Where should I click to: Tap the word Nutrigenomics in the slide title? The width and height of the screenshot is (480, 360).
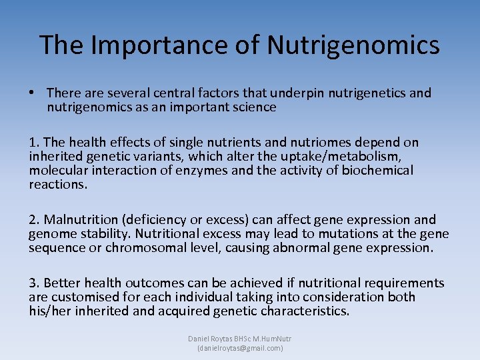pyautogui.click(x=353, y=45)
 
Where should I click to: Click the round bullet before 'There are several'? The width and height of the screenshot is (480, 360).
pyautogui.click(x=33, y=93)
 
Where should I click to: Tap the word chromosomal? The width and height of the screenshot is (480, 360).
pyautogui.click(x=162, y=248)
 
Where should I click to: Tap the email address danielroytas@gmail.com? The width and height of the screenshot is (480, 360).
pyautogui.click(x=240, y=348)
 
